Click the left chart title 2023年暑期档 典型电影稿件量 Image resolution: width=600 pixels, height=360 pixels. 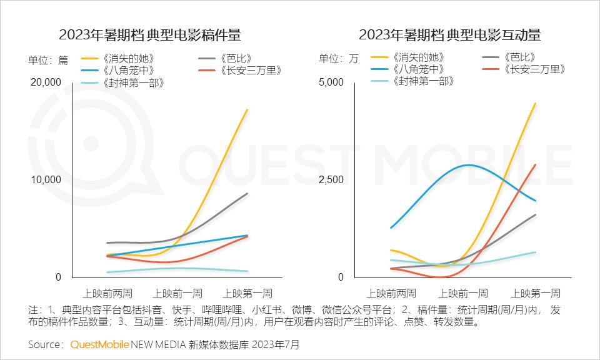150,34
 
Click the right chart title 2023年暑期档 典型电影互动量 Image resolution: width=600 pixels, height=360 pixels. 450,34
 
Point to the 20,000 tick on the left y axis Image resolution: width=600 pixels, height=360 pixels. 46,82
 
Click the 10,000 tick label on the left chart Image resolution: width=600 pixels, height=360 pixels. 46,180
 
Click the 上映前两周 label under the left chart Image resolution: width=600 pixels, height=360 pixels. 110,292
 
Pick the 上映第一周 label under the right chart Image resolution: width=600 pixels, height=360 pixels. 536,292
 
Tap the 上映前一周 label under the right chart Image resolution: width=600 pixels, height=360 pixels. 464,292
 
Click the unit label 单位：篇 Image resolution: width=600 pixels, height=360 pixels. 48,60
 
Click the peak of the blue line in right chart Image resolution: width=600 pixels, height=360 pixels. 467,165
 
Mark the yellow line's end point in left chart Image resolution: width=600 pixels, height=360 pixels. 248,110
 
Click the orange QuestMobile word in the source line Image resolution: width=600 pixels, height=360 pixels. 99,344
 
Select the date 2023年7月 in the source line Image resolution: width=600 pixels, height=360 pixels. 275,344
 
